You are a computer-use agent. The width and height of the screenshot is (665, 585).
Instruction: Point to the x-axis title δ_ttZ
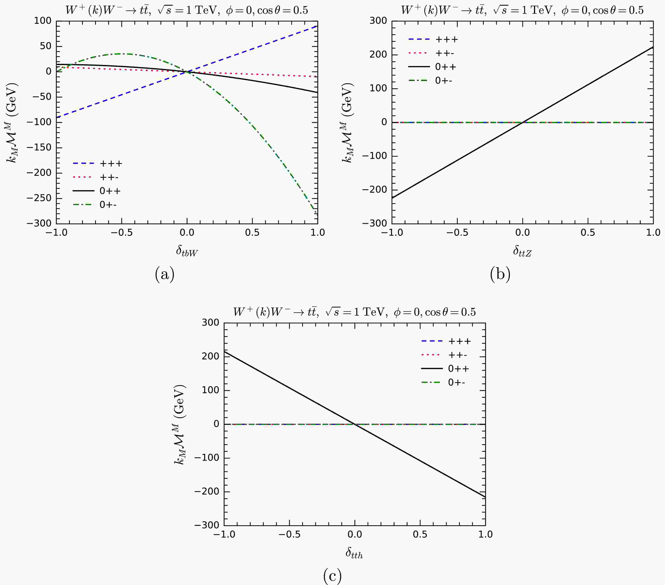(x=522, y=251)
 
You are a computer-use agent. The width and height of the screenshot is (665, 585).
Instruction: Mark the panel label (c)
(x=332, y=576)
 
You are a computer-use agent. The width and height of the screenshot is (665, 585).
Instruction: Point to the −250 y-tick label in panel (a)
(x=39, y=198)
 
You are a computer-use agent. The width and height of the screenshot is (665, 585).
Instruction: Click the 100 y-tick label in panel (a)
(x=43, y=21)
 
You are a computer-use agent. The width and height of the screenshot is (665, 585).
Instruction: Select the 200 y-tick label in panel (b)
(x=378, y=54)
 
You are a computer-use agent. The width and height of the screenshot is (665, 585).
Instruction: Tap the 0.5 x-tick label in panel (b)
(x=588, y=233)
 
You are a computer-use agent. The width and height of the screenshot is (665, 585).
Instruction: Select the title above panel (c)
(x=354, y=312)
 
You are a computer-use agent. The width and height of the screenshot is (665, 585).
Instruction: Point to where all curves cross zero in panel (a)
(x=187, y=72)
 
